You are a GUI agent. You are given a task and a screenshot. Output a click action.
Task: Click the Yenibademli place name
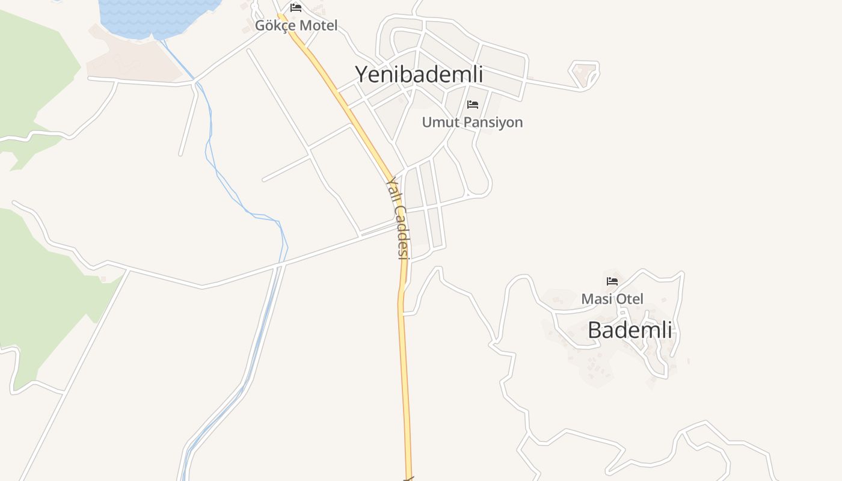(x=419, y=75)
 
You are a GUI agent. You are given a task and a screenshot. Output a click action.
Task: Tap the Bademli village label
(x=630, y=330)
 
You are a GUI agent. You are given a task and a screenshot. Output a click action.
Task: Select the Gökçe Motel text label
(x=296, y=26)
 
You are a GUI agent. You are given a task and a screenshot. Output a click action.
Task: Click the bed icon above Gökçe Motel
(x=296, y=8)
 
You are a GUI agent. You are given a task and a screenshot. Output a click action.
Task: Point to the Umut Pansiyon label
(x=472, y=123)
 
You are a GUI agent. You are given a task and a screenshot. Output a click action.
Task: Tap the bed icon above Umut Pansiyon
(x=473, y=105)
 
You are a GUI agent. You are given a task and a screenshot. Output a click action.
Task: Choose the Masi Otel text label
(x=612, y=299)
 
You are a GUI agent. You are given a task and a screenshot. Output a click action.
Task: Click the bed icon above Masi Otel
(x=612, y=281)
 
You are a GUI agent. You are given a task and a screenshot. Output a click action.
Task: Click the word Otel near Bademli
(x=628, y=299)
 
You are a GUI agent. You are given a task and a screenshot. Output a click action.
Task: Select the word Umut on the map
(x=437, y=123)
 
